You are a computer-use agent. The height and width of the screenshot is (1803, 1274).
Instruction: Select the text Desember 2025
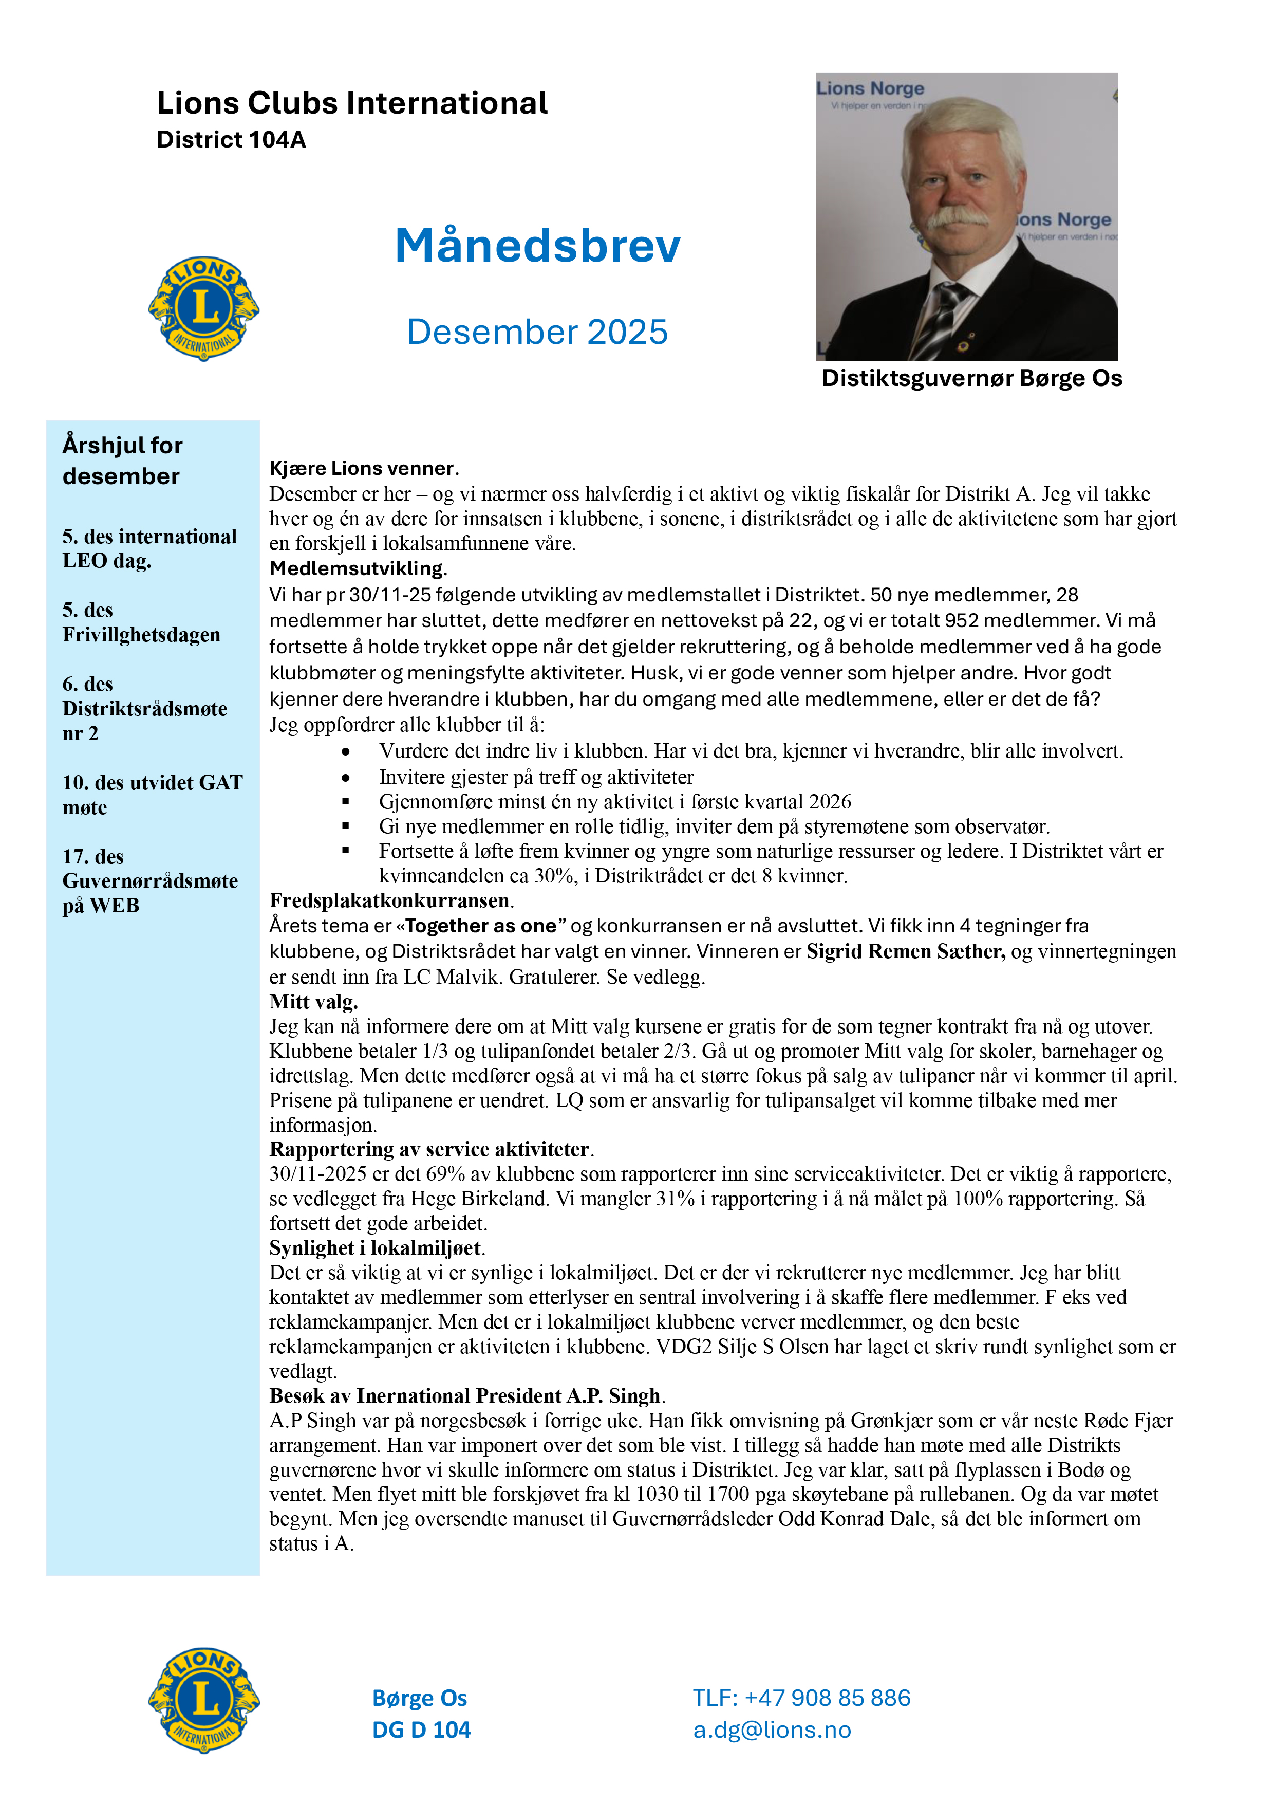click(537, 332)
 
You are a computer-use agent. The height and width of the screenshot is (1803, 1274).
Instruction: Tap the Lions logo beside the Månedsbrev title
click(203, 308)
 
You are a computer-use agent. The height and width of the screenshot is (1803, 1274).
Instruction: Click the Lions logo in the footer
click(203, 1700)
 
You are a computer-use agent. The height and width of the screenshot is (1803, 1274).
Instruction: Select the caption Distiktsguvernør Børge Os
click(972, 378)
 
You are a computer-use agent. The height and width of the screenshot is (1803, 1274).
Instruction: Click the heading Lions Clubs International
click(352, 103)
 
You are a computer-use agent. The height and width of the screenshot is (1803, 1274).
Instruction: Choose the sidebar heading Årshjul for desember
click(122, 461)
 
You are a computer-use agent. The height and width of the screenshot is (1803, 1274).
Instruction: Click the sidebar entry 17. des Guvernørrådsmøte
click(149, 880)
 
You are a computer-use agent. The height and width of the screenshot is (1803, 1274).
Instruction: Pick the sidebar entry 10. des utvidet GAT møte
click(152, 795)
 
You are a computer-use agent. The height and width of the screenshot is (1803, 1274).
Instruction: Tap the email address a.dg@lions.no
click(772, 1730)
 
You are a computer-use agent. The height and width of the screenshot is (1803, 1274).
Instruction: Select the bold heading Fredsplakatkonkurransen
click(390, 900)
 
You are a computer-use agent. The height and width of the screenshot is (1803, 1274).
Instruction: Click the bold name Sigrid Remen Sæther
click(905, 952)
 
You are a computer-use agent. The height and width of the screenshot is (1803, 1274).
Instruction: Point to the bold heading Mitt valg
click(313, 1002)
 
